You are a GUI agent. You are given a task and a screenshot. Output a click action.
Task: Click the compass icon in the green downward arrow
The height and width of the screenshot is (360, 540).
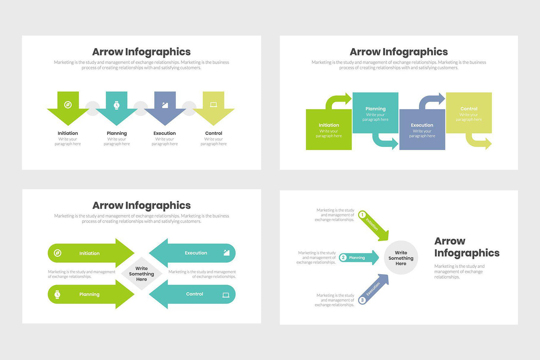pyautogui.click(x=68, y=105)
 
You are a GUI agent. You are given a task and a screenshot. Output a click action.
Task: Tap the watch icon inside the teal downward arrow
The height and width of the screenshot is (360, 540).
pyautogui.click(x=117, y=105)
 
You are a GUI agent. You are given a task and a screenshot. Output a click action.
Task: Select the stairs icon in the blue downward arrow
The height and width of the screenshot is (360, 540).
pyautogui.click(x=165, y=105)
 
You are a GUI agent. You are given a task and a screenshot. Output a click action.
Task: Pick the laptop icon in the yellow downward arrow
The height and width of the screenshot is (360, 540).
pyautogui.click(x=213, y=105)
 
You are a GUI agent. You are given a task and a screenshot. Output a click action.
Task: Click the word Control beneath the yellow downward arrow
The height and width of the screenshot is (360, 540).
pyautogui.click(x=213, y=133)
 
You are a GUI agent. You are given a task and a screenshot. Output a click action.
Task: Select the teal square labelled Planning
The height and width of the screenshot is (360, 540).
pyautogui.click(x=375, y=113)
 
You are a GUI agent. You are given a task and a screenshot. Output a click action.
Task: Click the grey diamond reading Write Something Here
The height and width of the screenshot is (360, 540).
pyautogui.click(x=141, y=274)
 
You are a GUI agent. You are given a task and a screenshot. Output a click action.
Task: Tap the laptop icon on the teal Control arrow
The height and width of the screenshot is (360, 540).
pyautogui.click(x=226, y=295)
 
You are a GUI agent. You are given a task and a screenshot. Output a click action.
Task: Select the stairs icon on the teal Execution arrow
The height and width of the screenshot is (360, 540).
pyautogui.click(x=226, y=253)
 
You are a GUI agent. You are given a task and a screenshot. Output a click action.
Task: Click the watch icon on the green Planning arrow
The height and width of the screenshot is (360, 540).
pyautogui.click(x=57, y=295)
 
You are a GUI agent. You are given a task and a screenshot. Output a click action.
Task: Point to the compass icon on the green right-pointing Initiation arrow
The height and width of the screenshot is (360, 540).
pyautogui.click(x=57, y=253)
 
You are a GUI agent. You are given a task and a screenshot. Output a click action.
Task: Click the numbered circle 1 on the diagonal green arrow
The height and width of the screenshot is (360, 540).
pyautogui.click(x=362, y=215)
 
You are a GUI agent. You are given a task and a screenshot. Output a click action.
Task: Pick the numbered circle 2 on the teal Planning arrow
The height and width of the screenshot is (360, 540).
pyautogui.click(x=343, y=258)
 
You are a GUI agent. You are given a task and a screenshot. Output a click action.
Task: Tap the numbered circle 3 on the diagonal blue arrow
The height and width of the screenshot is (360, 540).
pyautogui.click(x=362, y=300)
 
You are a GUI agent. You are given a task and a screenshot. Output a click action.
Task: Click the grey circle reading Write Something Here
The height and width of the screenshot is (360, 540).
pyautogui.click(x=401, y=258)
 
